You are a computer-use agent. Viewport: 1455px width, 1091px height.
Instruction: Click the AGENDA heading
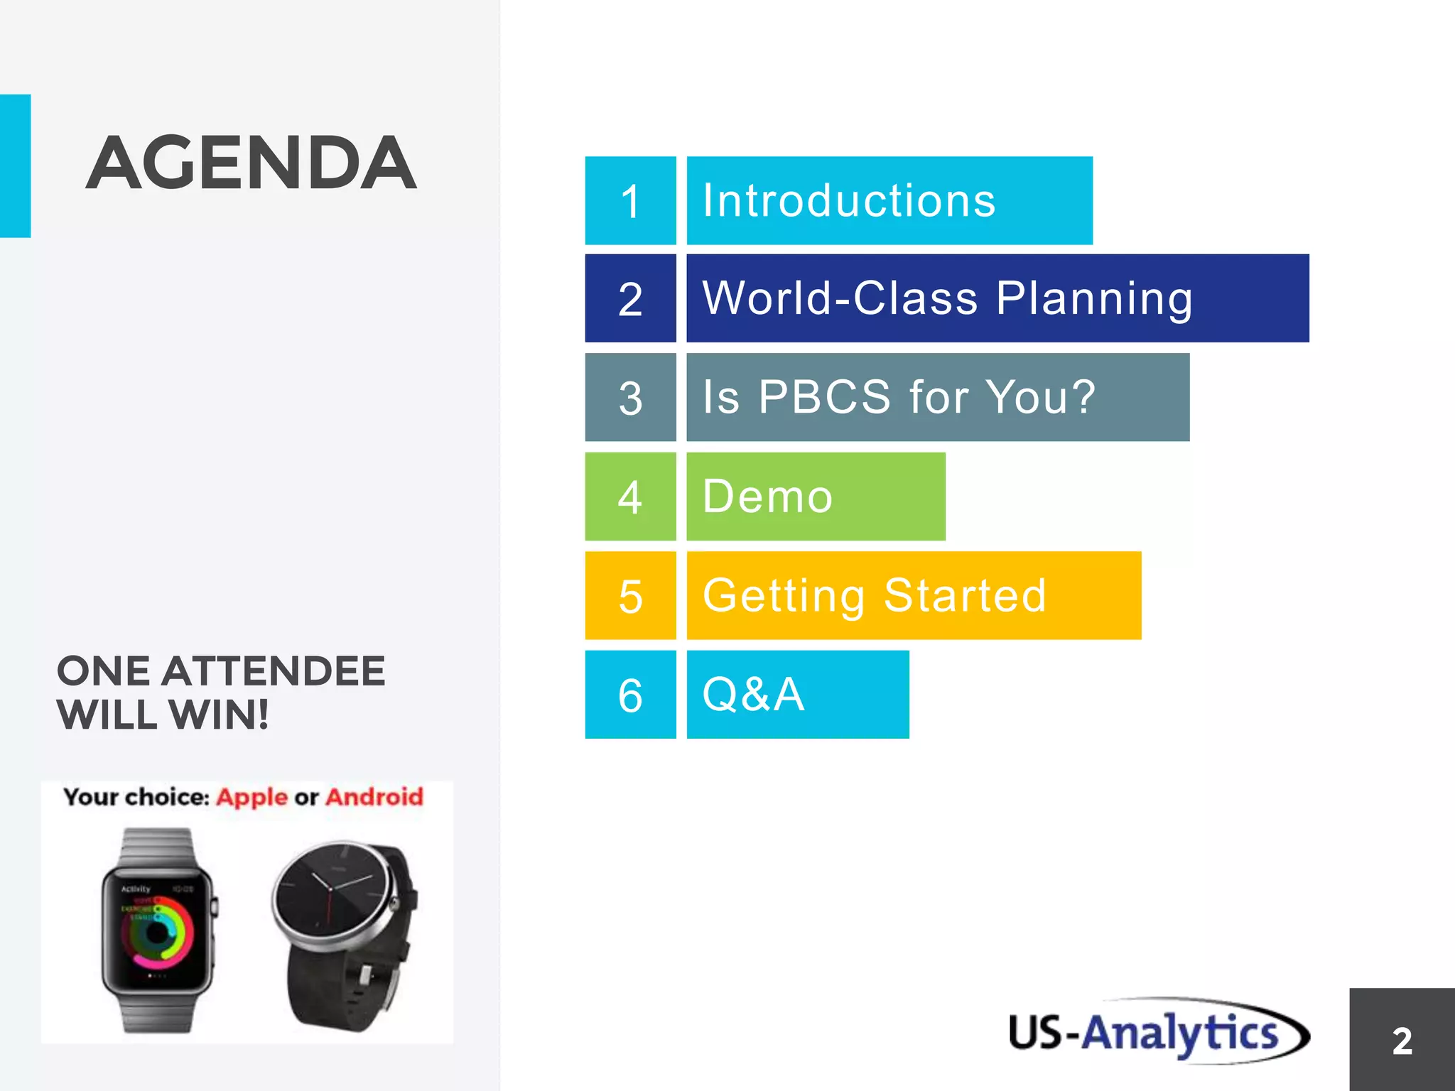pyautogui.click(x=251, y=163)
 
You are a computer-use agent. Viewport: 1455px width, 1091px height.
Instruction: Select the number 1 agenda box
pyautogui.click(x=630, y=201)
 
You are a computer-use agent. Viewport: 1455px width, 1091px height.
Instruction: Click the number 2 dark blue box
pyautogui.click(x=630, y=299)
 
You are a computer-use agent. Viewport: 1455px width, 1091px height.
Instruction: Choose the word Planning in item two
pyautogui.click(x=1094, y=299)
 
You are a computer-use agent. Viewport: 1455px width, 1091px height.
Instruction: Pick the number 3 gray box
pyautogui.click(x=630, y=398)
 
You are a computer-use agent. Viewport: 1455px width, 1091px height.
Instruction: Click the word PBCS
pyautogui.click(x=824, y=396)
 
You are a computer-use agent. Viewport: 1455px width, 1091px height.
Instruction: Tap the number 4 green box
pyautogui.click(x=630, y=496)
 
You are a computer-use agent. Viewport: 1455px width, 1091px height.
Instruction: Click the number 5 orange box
pyautogui.click(x=630, y=596)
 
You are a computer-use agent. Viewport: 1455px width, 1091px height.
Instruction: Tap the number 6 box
pyautogui.click(x=630, y=695)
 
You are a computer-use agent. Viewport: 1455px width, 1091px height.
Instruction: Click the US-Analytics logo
pyautogui.click(x=1158, y=1032)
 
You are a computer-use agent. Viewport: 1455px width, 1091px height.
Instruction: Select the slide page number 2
pyautogui.click(x=1402, y=1041)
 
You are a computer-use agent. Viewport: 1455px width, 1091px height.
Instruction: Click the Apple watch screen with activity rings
pyautogui.click(x=157, y=931)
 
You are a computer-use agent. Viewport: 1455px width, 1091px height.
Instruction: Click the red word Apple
pyautogui.click(x=251, y=798)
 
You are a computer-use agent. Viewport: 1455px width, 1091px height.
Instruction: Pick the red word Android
pyautogui.click(x=374, y=798)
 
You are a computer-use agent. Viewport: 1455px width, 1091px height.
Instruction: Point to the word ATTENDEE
pyautogui.click(x=274, y=672)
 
